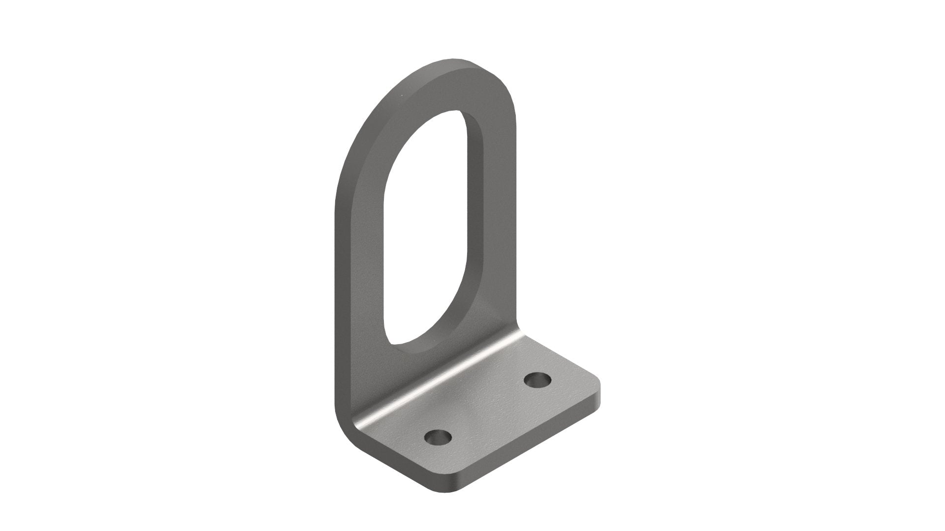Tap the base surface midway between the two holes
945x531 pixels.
point(487,408)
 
